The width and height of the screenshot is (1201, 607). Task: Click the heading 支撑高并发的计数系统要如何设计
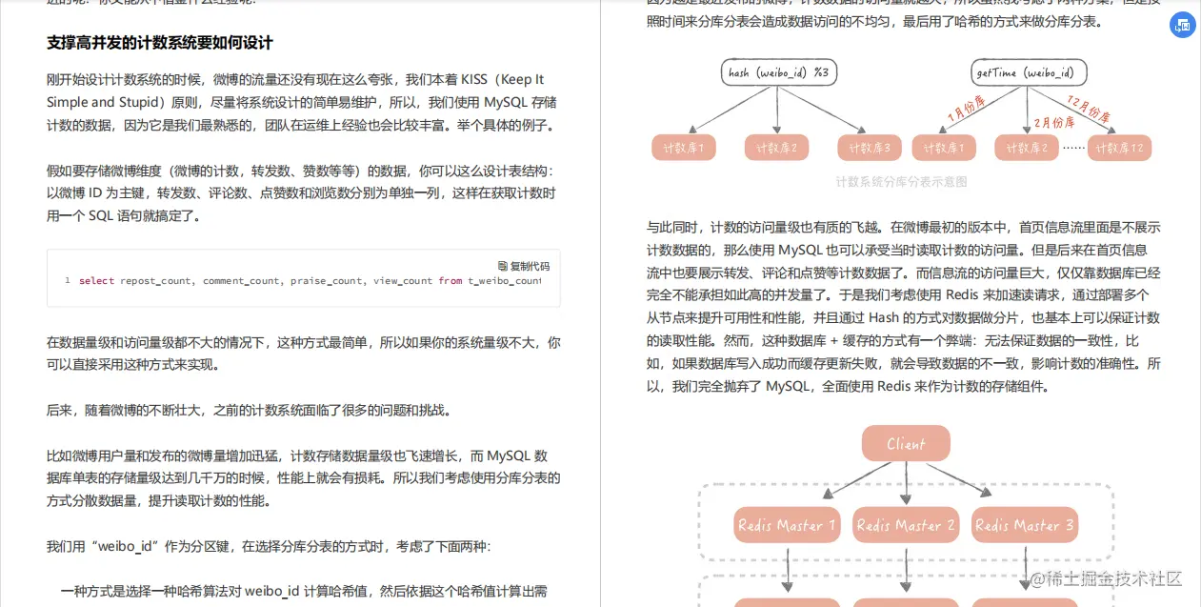[x=160, y=43]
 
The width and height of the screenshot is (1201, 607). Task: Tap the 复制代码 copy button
[x=524, y=266]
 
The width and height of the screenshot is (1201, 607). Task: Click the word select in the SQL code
[x=96, y=281]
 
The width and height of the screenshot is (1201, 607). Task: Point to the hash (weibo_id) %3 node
[x=779, y=72]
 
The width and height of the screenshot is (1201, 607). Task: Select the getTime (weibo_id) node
[x=1029, y=72]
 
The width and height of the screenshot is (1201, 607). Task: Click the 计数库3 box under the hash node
[x=870, y=148]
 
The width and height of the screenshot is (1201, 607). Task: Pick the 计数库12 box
[x=1120, y=148]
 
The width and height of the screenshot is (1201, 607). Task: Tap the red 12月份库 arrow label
[x=1088, y=111]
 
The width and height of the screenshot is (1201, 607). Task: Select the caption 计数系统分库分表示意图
[x=901, y=181]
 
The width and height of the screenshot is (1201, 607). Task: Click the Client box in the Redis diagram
[x=906, y=444]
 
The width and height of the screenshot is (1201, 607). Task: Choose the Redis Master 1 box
[x=788, y=525]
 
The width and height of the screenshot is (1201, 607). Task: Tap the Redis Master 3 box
[x=1025, y=525]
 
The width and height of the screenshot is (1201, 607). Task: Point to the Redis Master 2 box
[x=906, y=525]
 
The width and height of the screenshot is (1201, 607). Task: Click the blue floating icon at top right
[x=1182, y=27]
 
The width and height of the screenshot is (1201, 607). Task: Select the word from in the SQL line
[x=450, y=281]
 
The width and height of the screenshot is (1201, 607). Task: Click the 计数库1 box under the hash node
[x=683, y=148]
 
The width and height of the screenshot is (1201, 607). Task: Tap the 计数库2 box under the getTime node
[x=1027, y=148]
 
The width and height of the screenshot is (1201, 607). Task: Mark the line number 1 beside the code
[x=68, y=281]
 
